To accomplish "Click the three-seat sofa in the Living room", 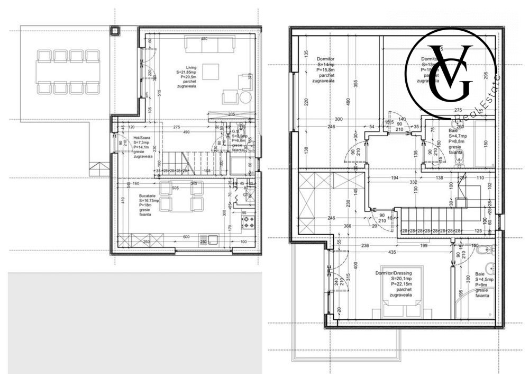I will (x=211, y=45).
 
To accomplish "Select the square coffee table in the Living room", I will (x=211, y=71).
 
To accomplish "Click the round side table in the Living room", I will (x=245, y=97).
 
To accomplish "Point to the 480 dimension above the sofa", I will (x=204, y=39).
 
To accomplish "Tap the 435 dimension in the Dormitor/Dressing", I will (x=391, y=252).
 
